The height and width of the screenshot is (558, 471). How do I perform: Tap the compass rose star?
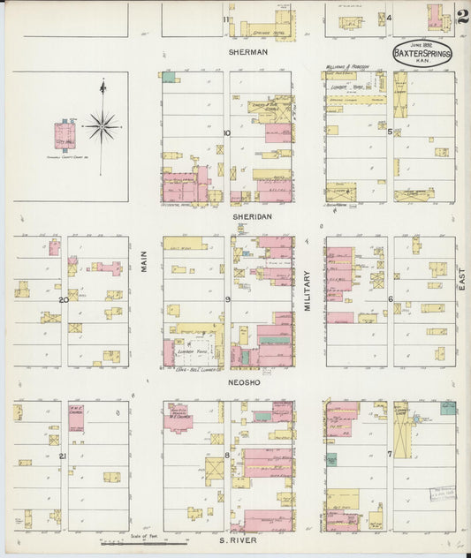tap(103, 126)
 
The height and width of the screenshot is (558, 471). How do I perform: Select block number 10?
tap(226, 133)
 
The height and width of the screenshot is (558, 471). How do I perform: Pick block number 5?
tap(390, 132)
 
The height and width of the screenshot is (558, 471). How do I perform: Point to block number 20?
tap(63, 300)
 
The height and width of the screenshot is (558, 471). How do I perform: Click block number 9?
tap(227, 300)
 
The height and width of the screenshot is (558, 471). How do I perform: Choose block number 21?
tap(62, 456)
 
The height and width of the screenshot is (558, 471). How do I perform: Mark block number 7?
tap(390, 454)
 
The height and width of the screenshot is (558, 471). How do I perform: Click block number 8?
tap(227, 456)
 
